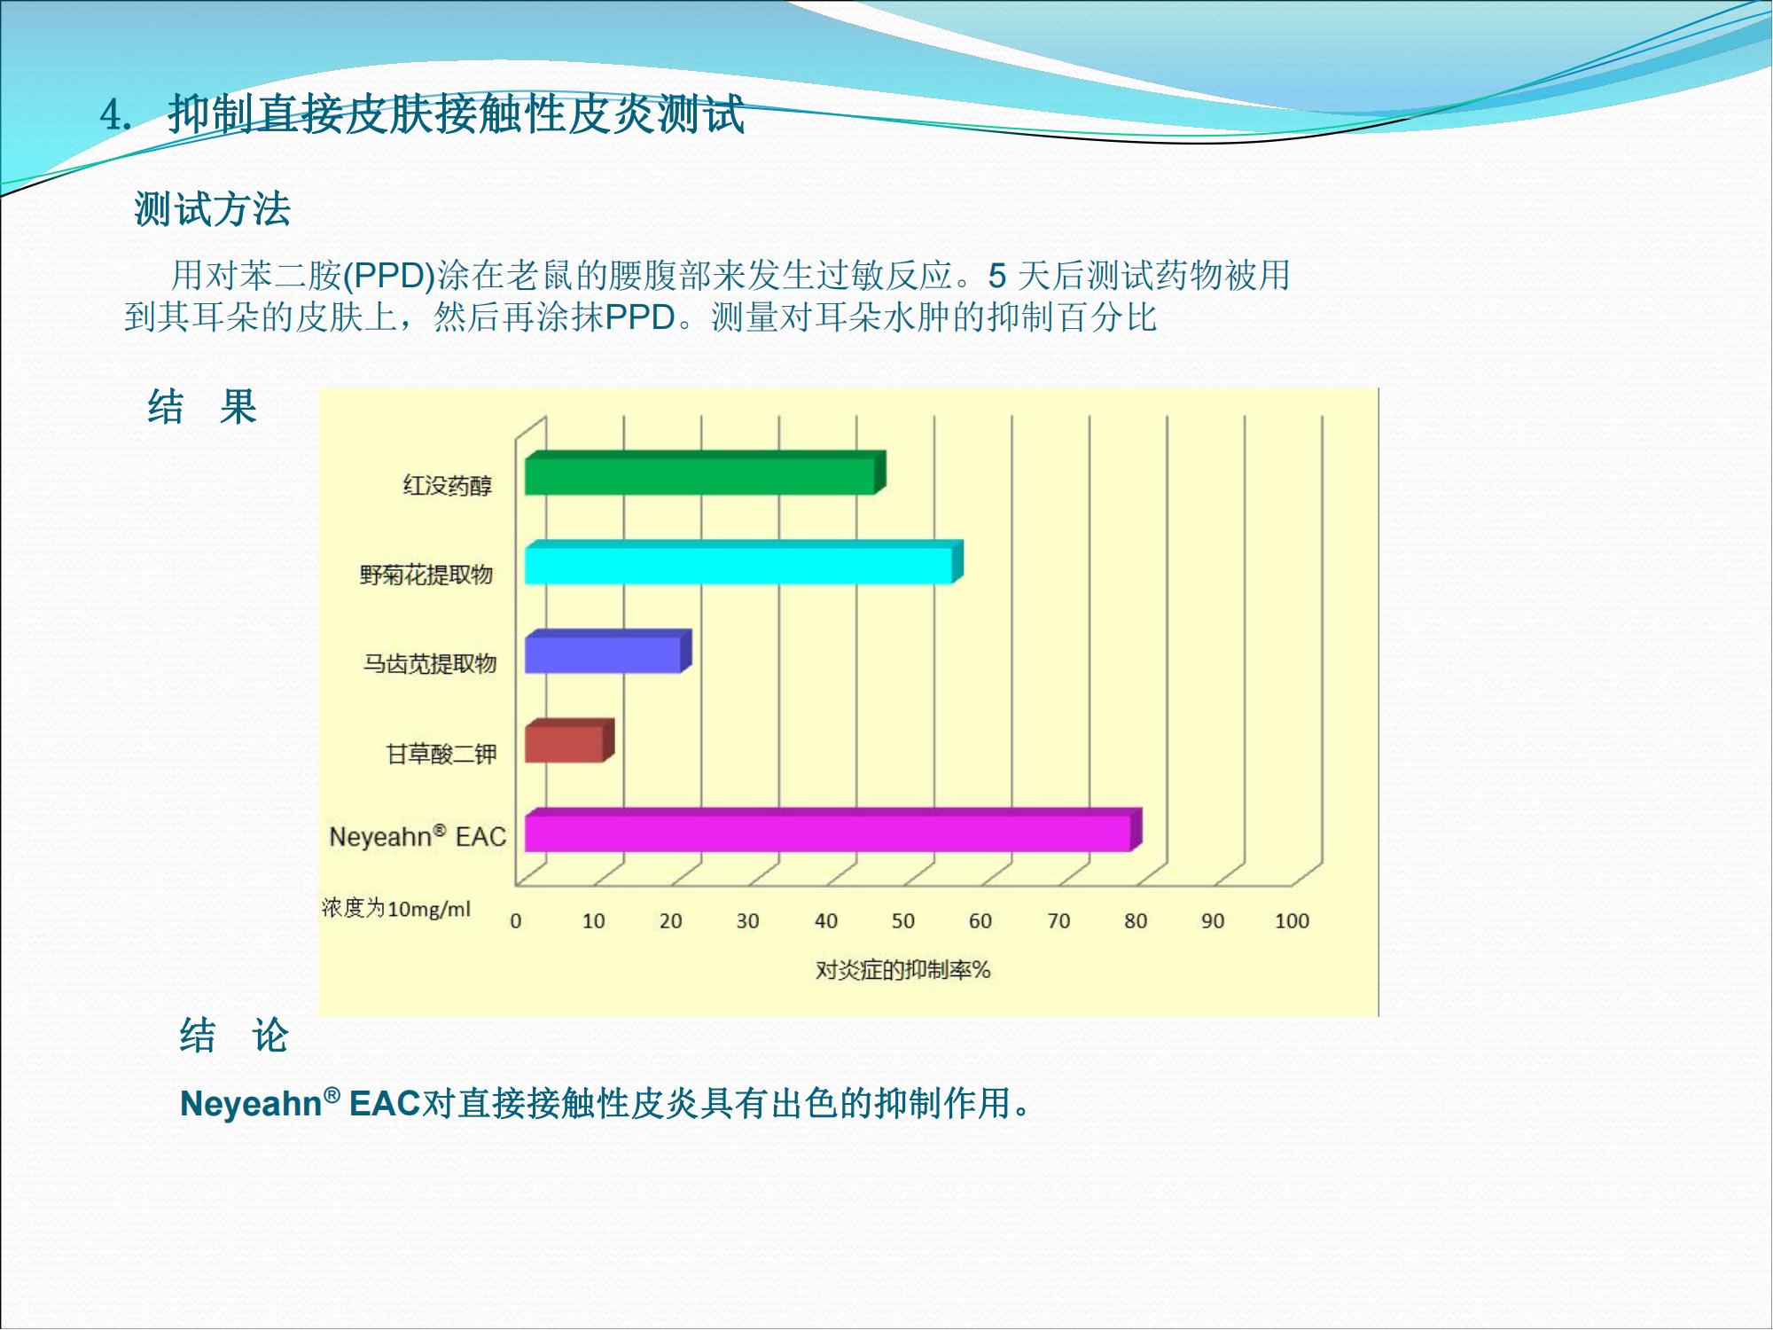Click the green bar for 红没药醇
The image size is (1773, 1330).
(705, 473)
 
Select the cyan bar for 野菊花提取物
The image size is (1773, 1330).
(744, 562)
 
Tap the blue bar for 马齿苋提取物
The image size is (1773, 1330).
(608, 652)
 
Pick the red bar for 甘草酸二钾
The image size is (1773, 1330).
(569, 741)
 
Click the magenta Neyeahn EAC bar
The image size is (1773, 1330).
(833, 831)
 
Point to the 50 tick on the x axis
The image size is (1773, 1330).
(902, 921)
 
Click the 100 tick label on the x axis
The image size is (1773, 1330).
(1292, 921)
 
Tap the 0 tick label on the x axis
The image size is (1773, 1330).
(516, 921)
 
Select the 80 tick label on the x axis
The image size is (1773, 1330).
(1136, 921)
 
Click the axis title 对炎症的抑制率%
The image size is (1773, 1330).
(902, 970)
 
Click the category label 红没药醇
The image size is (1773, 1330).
(448, 486)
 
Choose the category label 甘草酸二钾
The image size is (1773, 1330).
(441, 755)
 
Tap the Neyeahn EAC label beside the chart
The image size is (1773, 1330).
(418, 836)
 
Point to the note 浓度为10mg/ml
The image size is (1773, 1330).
(396, 909)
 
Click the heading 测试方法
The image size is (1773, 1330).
(213, 210)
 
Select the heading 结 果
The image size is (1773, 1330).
(202, 408)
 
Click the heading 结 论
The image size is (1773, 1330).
(234, 1036)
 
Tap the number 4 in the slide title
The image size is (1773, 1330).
(112, 115)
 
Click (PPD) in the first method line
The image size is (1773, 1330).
(389, 276)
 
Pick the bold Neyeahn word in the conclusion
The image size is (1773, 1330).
(251, 1105)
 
